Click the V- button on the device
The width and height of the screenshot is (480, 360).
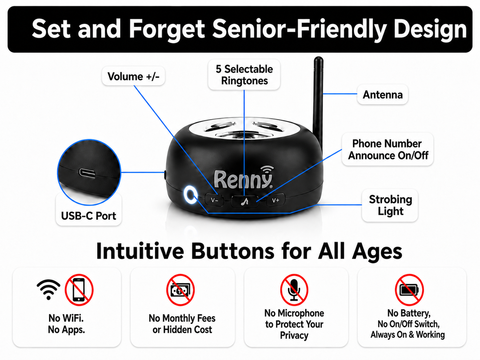tap(215, 200)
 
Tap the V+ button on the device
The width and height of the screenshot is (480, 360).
tap(276, 200)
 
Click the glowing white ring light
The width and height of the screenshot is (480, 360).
tap(190, 195)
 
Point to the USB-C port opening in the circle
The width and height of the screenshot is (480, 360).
tap(87, 173)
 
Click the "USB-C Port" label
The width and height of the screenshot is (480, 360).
tap(89, 216)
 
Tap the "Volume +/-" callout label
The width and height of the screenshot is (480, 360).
tap(133, 76)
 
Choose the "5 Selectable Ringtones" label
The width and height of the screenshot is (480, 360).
tap(244, 75)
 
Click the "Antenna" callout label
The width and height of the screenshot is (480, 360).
tap(383, 95)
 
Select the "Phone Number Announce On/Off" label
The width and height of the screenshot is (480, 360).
tap(388, 149)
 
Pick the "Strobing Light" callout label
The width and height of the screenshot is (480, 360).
tap(390, 205)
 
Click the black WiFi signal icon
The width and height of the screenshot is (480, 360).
tap(48, 289)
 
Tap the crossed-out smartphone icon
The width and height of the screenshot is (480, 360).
tap(79, 290)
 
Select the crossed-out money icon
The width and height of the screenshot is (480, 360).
tap(180, 290)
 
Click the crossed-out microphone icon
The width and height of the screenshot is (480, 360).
tap(294, 290)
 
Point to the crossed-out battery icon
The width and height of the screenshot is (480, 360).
tap(409, 290)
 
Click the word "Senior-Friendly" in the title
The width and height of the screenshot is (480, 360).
tap(300, 29)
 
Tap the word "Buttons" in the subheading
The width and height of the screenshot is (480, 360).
tap(233, 251)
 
